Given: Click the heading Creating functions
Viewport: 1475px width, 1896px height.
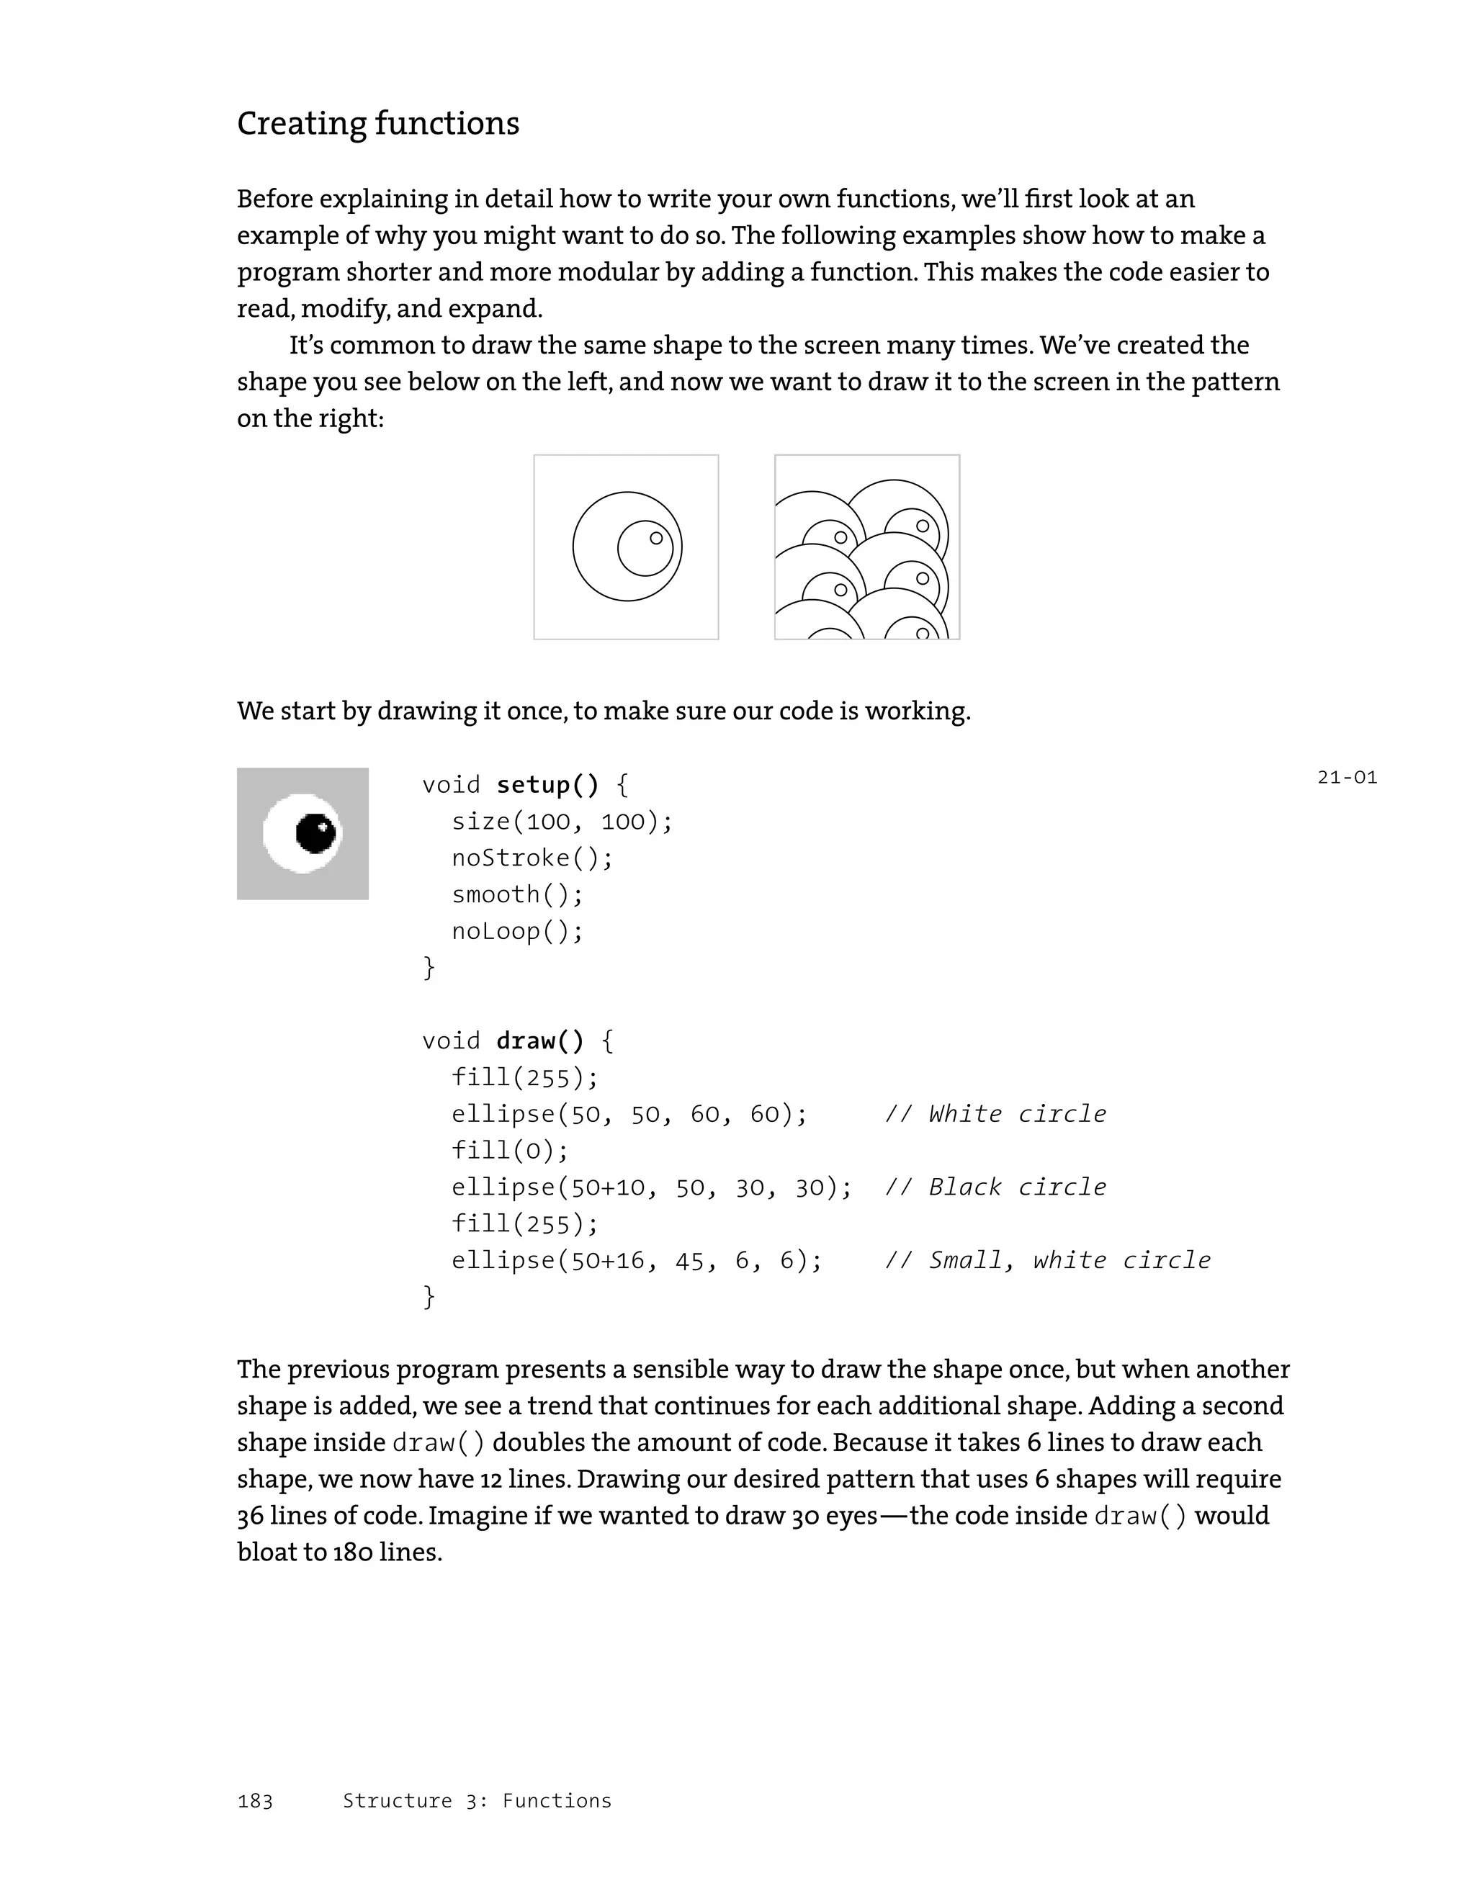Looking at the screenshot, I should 377,123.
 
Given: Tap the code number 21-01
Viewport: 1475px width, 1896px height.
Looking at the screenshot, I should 1347,777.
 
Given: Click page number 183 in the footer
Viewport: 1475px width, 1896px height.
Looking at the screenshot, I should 254,1802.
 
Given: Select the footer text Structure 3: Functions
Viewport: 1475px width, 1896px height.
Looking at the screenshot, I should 477,1802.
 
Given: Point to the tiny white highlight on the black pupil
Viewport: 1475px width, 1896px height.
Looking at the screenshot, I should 322,826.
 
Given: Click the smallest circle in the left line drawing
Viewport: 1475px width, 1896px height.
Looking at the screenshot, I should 656,538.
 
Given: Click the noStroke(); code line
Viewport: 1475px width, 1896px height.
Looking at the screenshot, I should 532,858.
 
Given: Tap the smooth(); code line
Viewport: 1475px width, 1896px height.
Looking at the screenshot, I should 517,894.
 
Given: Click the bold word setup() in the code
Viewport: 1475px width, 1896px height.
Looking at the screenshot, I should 547,785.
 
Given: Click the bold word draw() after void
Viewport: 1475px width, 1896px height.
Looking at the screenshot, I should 540,1040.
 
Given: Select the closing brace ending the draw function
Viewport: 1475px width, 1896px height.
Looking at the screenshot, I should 429,1296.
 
